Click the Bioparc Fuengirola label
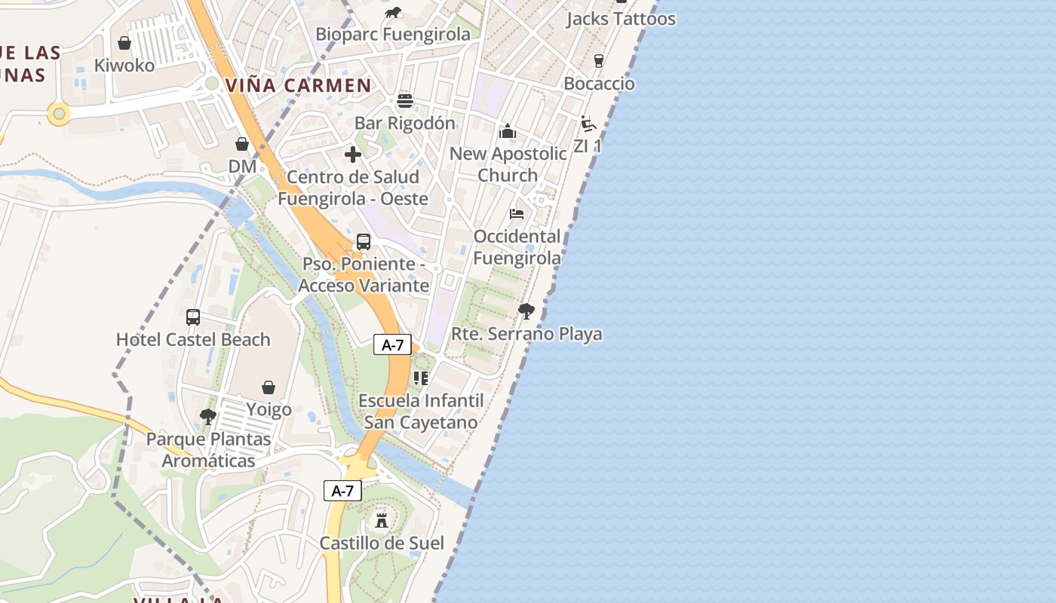pyautogui.click(x=392, y=35)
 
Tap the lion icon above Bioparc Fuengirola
pyautogui.click(x=393, y=12)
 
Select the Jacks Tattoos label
pyautogui.click(x=621, y=19)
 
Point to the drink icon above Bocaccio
pyautogui.click(x=599, y=61)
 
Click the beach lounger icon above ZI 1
pyautogui.click(x=588, y=124)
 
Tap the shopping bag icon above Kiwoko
pyautogui.click(x=124, y=43)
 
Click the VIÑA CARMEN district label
pyautogui.click(x=299, y=85)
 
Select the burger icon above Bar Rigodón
pyautogui.click(x=405, y=101)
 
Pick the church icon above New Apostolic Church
pyautogui.click(x=508, y=132)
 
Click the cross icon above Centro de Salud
pyautogui.click(x=352, y=155)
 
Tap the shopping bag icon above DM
pyautogui.click(x=242, y=143)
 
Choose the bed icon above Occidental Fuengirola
pyautogui.click(x=517, y=214)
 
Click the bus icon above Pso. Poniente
pyautogui.click(x=364, y=242)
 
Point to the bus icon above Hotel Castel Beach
pyautogui.click(x=193, y=317)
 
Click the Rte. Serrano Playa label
pyautogui.click(x=526, y=334)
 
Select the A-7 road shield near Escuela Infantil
pyautogui.click(x=392, y=345)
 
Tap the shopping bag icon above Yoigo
pyautogui.click(x=269, y=387)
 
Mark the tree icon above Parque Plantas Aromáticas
pyautogui.click(x=207, y=416)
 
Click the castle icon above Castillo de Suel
pyautogui.click(x=382, y=520)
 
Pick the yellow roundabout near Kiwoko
pyautogui.click(x=59, y=114)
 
